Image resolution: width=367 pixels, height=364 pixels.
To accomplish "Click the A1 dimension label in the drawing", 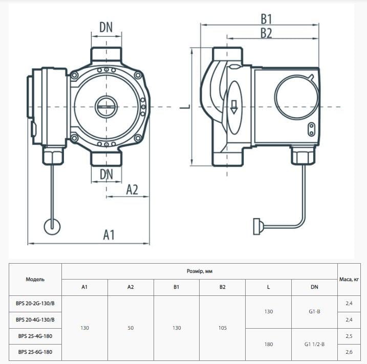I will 109,234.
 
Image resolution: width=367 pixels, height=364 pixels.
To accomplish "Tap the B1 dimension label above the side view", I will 266,19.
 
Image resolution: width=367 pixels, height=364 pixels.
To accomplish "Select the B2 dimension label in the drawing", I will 266,33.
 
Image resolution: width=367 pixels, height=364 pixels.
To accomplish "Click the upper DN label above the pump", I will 106,28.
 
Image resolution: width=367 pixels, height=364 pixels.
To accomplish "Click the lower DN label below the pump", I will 106,174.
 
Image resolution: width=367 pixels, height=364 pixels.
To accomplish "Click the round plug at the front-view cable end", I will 53,226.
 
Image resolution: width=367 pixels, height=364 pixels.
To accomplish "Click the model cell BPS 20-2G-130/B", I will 35,303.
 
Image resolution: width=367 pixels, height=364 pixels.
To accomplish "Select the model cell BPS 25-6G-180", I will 35,352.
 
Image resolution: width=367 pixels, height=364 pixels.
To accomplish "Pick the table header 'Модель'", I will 35,280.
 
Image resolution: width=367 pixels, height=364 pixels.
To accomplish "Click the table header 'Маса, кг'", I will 352,280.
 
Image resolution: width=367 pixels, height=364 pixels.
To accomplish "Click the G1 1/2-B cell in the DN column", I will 314,344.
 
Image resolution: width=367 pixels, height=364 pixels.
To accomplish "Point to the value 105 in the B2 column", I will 222,328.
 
